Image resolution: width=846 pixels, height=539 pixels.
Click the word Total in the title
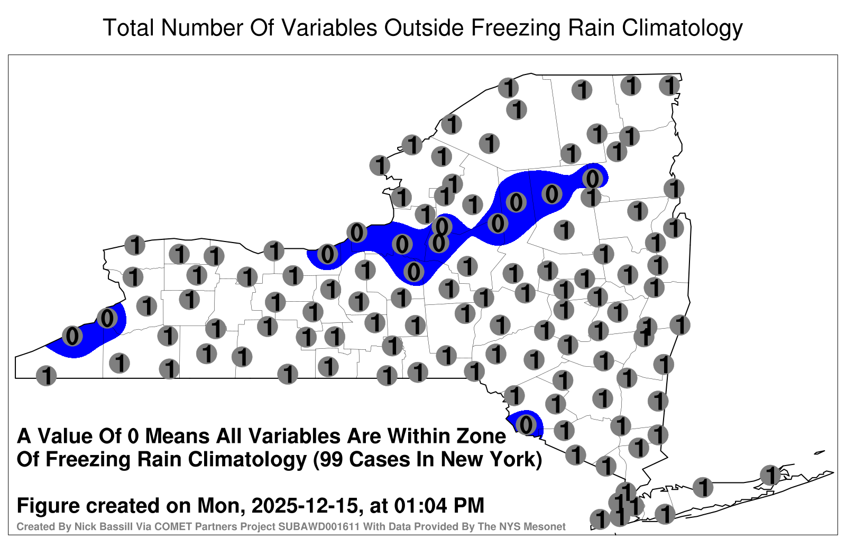coord(128,27)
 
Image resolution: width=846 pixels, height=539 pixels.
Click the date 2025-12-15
coord(305,505)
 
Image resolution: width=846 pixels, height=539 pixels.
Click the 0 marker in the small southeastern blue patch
coord(526,425)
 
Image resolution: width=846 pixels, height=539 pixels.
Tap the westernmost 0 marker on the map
coord(72,336)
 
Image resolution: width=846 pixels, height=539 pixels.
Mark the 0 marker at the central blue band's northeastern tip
coord(592,178)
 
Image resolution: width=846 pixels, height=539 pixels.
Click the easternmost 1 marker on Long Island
coord(770,475)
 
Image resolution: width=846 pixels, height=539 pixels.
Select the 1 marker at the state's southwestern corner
coord(46,376)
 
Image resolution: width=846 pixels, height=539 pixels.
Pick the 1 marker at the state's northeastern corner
coord(669,86)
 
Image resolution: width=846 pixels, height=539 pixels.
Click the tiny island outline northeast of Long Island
coord(820,452)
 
